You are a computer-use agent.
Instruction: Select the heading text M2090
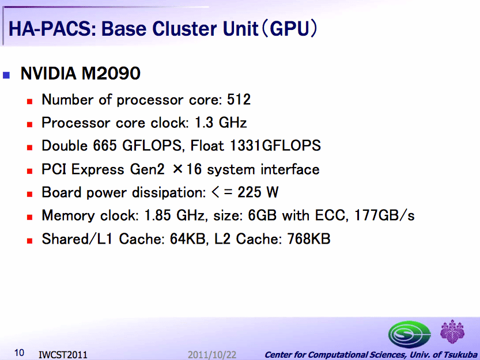click(111, 74)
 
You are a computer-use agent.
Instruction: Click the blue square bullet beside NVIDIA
click(6, 75)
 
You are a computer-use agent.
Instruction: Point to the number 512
click(239, 100)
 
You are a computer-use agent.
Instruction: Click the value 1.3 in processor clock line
click(204, 123)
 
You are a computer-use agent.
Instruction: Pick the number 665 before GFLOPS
click(105, 146)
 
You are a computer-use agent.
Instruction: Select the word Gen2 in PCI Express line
click(147, 169)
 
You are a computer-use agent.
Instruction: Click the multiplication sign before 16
click(177, 169)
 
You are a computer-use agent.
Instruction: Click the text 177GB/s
click(384, 215)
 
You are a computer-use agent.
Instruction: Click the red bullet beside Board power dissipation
click(30, 194)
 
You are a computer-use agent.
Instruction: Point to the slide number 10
click(19, 353)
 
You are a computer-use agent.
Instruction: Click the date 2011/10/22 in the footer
click(212, 355)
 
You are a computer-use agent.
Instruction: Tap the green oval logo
click(410, 334)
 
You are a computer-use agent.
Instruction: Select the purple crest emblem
click(452, 332)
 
